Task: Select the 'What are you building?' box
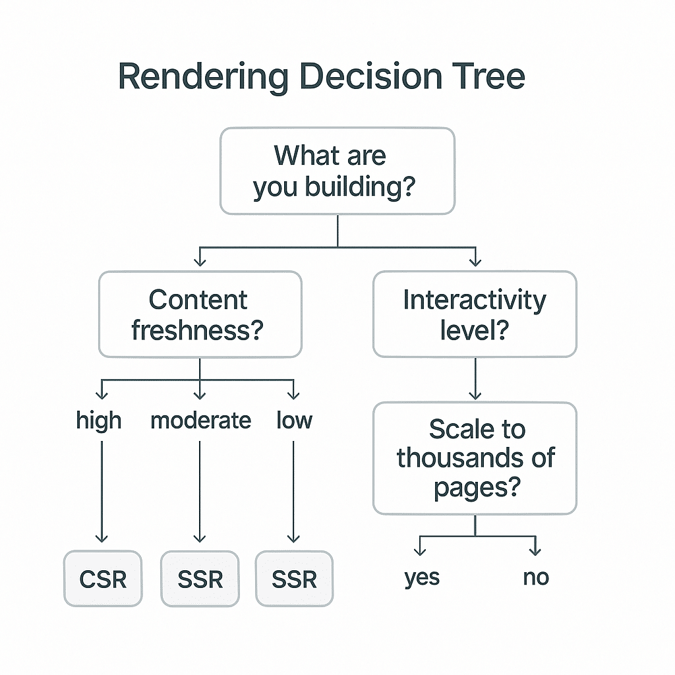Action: [x=337, y=171]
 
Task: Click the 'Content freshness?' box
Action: [x=200, y=314]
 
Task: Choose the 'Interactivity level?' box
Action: [x=475, y=314]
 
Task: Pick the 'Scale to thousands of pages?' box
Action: [x=475, y=458]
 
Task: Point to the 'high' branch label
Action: [x=99, y=420]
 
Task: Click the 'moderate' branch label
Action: [x=200, y=420]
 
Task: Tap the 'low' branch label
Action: [x=294, y=420]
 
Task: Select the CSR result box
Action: [x=102, y=579]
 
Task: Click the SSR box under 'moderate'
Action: [x=200, y=579]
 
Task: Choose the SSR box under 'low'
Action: [x=294, y=579]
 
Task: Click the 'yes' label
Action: [x=422, y=577]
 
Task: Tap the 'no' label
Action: [x=535, y=577]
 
